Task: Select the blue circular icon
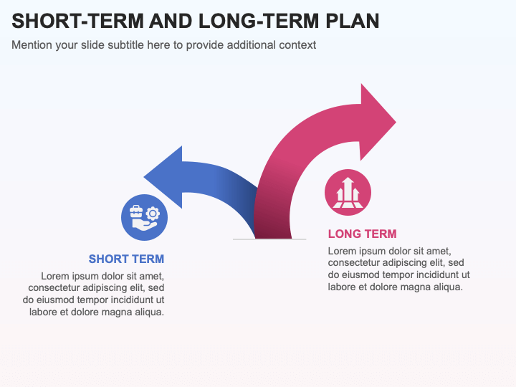pos(144,217)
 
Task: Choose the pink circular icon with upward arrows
pos(348,192)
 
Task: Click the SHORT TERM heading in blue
pos(126,259)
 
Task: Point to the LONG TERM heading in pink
pos(362,234)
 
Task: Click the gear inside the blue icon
pos(152,213)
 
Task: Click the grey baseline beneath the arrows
pos(270,239)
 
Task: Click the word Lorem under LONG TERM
pos(342,251)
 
